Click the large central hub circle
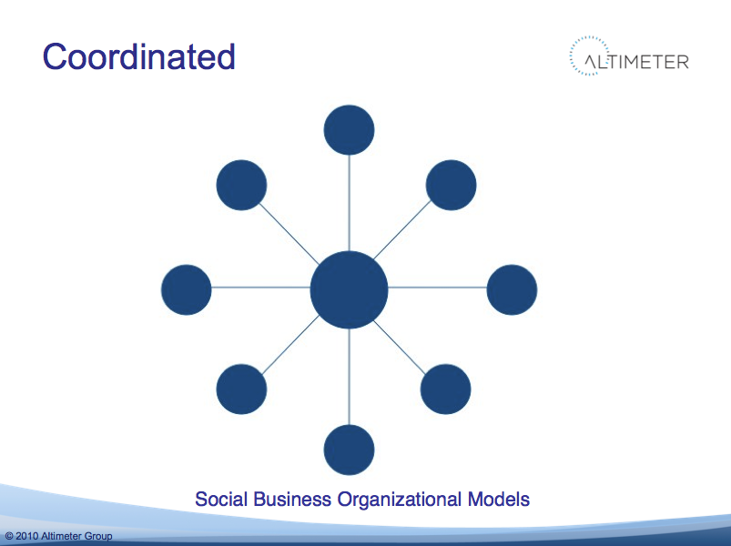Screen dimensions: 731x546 (x=349, y=289)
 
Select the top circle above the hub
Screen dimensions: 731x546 (x=349, y=129)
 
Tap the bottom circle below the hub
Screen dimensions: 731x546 (x=349, y=450)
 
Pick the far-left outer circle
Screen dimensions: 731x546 (x=186, y=289)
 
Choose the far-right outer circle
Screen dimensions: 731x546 (x=512, y=289)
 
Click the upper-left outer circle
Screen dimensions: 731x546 (x=241, y=185)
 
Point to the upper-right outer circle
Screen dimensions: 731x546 (x=451, y=185)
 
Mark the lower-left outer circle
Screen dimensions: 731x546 (x=241, y=389)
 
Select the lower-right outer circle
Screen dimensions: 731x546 (x=445, y=389)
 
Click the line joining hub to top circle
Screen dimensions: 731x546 (x=350, y=203)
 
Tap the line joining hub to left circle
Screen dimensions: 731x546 (x=260, y=288)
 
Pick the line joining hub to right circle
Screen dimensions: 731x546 (x=437, y=288)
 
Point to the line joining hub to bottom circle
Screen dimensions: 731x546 (x=350, y=377)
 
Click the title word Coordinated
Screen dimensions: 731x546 (x=139, y=56)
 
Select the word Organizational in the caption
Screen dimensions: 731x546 (x=400, y=499)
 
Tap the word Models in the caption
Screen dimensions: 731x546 (x=498, y=499)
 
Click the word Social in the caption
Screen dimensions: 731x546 (x=221, y=499)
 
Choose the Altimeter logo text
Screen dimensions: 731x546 (x=637, y=62)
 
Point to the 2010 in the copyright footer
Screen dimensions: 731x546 (x=27, y=536)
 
